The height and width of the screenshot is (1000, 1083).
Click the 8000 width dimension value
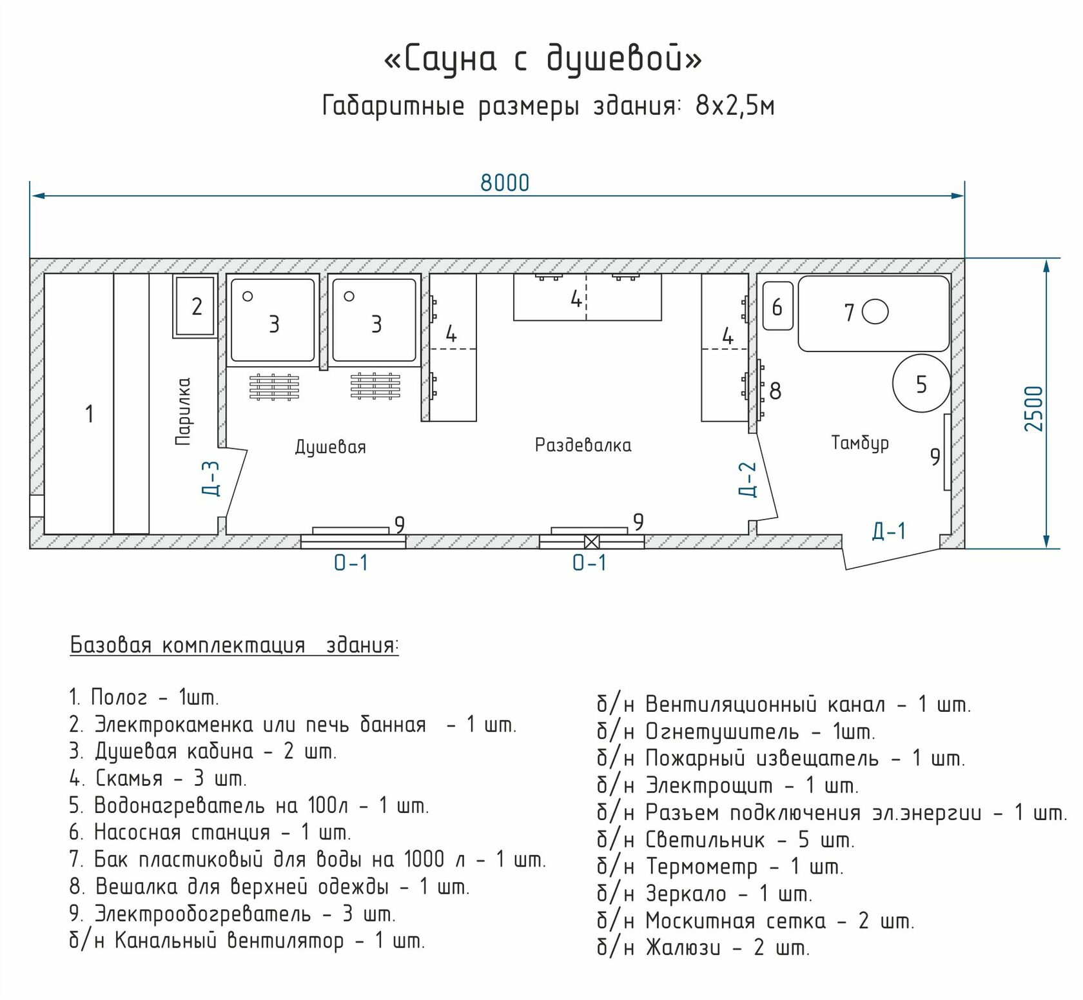click(x=505, y=183)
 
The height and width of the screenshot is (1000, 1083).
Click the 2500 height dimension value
click(x=1033, y=409)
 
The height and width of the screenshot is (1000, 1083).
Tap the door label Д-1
click(x=889, y=531)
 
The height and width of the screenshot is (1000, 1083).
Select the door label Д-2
click(x=747, y=479)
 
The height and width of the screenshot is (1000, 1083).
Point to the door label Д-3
click(x=211, y=478)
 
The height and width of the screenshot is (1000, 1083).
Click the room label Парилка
click(x=184, y=411)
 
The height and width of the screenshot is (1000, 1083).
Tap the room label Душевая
click(x=330, y=447)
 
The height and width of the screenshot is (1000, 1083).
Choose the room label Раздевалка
click(x=583, y=445)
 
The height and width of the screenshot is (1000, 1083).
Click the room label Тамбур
click(x=860, y=442)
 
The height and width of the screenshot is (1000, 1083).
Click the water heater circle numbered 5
click(x=921, y=384)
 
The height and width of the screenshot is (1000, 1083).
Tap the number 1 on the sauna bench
click(x=90, y=413)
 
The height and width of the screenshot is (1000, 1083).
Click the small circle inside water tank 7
click(x=875, y=312)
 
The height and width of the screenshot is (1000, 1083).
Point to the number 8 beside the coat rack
click(x=776, y=391)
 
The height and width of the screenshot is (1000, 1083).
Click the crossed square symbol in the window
click(x=591, y=542)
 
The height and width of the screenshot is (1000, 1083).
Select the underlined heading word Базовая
click(x=110, y=645)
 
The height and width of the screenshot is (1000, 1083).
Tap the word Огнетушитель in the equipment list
click(x=722, y=732)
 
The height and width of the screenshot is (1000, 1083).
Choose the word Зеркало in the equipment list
click(x=686, y=894)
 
